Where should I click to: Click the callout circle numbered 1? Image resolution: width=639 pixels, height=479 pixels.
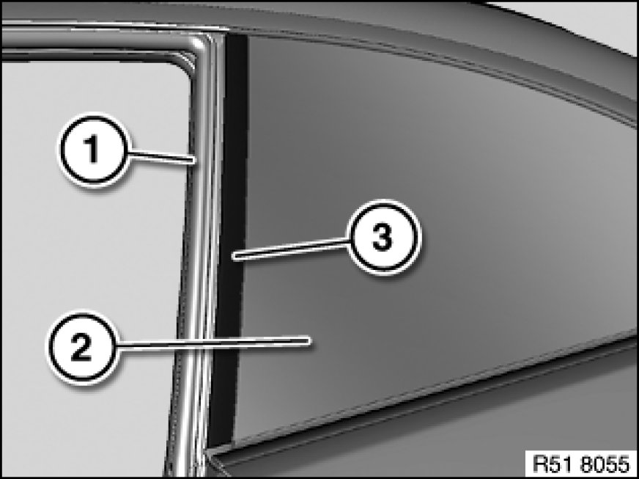point(95,150)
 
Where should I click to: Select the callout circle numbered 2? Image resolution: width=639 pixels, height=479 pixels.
point(82,347)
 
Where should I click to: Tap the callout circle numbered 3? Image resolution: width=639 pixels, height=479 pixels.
point(383,238)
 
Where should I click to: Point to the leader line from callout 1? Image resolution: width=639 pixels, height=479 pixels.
point(162,156)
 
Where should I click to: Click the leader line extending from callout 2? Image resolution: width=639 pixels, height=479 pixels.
point(213,343)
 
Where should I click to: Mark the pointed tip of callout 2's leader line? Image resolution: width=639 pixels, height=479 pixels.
point(309,340)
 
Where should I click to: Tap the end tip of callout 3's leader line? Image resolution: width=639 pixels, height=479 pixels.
point(233,256)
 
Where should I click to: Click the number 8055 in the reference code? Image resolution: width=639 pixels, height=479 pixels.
point(605,464)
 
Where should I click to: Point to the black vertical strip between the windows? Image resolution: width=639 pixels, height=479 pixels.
point(229,241)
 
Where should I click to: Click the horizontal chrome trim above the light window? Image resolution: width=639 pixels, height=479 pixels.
point(97,42)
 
